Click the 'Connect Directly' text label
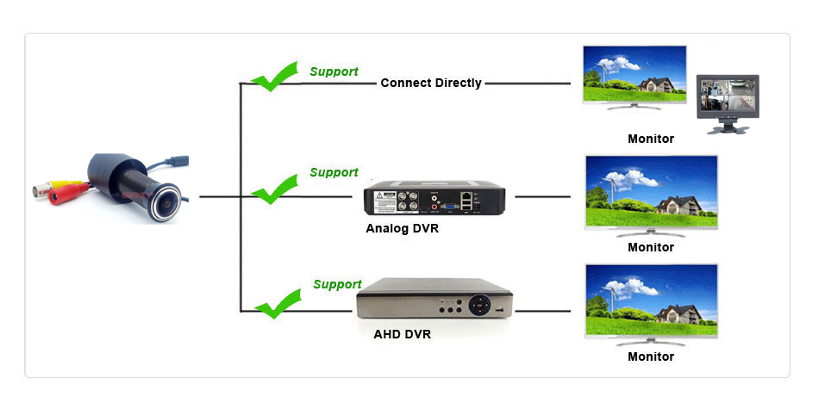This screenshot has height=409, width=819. (x=430, y=84)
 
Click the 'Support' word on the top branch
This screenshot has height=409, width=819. (x=334, y=71)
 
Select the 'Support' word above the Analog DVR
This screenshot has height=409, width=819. (x=334, y=172)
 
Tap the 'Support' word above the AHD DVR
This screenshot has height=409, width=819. (x=337, y=284)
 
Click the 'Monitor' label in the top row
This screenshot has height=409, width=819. (x=651, y=139)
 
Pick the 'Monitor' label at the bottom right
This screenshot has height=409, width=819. (x=651, y=356)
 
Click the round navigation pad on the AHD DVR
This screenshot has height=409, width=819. (x=479, y=305)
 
